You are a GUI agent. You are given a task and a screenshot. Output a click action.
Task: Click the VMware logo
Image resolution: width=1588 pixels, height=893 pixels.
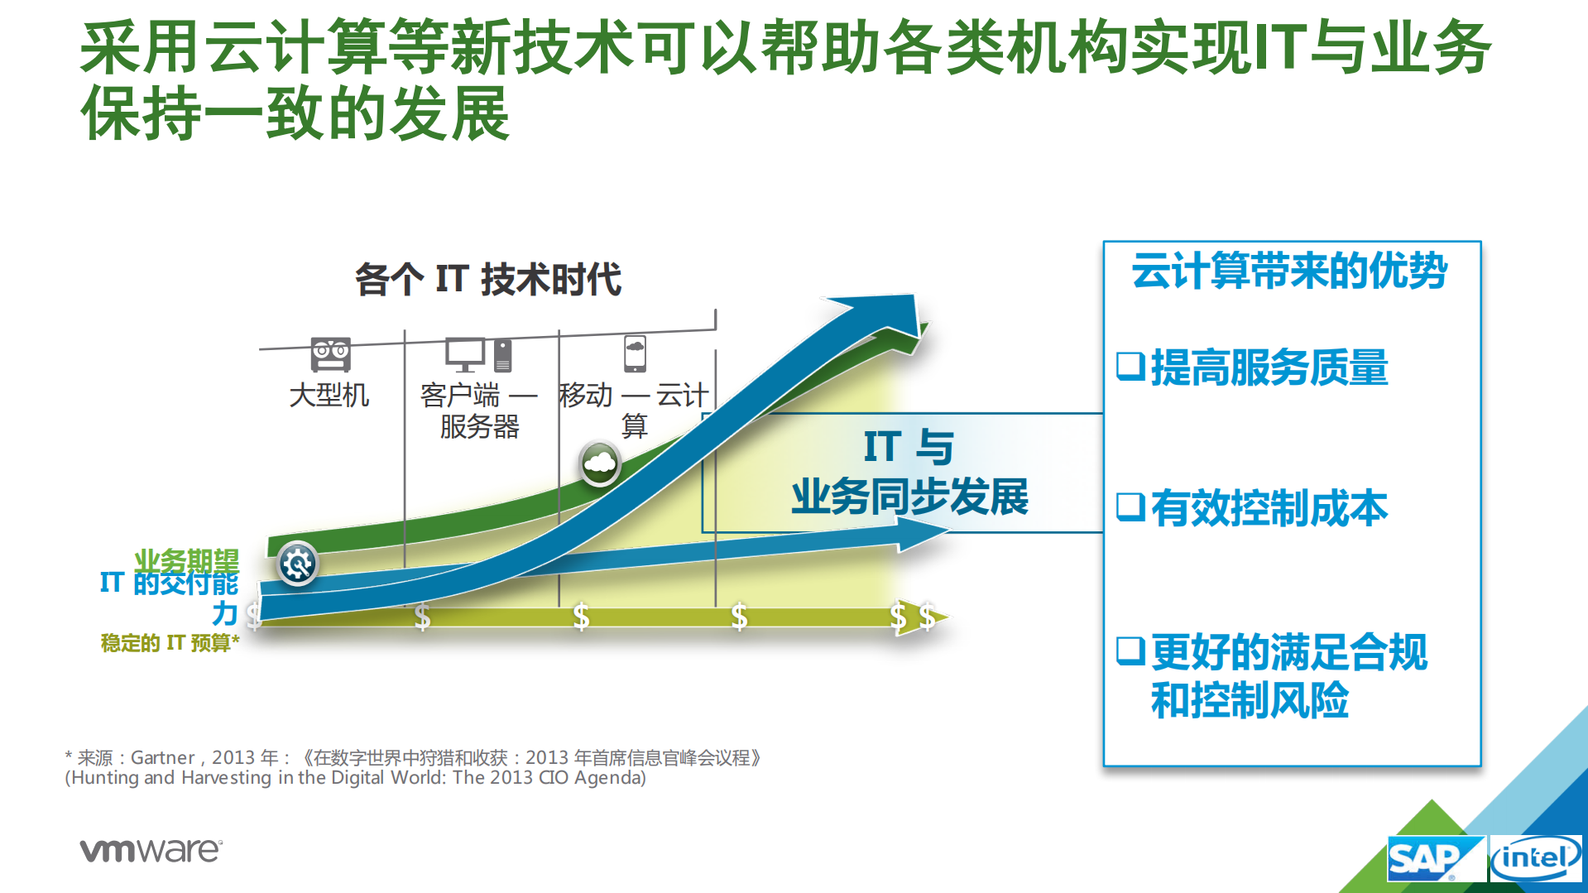pos(151,850)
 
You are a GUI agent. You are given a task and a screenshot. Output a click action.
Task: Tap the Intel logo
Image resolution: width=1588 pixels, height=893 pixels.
pos(1535,859)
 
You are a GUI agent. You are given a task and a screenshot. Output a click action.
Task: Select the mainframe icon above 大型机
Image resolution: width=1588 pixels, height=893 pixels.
pos(330,354)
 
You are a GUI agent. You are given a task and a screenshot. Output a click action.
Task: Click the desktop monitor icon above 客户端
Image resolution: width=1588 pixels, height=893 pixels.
pos(465,354)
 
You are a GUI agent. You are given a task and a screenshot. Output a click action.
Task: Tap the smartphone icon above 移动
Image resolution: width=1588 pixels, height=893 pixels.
pos(635,353)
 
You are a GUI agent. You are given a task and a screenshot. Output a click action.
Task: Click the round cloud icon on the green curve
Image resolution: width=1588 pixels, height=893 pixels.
pos(600,463)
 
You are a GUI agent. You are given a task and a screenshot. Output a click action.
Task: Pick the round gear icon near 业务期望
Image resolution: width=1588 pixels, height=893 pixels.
pos(297,564)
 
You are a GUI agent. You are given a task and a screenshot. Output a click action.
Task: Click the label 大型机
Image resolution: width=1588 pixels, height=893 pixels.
pos(329,396)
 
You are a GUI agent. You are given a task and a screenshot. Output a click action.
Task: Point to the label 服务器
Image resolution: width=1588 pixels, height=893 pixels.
pos(479,427)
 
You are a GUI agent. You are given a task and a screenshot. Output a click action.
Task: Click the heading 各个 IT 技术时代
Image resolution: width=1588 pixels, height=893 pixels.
pos(487,280)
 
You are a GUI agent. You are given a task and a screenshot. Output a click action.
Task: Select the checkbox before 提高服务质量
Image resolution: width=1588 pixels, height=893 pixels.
pos(1130,366)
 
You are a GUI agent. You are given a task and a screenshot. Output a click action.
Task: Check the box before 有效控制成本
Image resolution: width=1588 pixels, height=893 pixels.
pos(1130,507)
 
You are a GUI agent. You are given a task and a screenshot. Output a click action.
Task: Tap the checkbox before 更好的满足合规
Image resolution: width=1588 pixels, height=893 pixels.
pos(1130,651)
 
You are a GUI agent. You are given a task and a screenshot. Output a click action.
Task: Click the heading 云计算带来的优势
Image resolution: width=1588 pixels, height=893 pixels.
pos(1288,271)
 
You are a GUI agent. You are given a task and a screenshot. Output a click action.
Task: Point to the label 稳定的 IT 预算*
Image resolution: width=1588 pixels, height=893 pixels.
pos(170,643)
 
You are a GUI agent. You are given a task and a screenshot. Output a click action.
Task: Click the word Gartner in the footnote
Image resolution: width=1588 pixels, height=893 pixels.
pos(162,757)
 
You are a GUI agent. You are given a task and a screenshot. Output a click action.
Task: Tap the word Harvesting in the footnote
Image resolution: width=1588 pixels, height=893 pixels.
pos(226,778)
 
